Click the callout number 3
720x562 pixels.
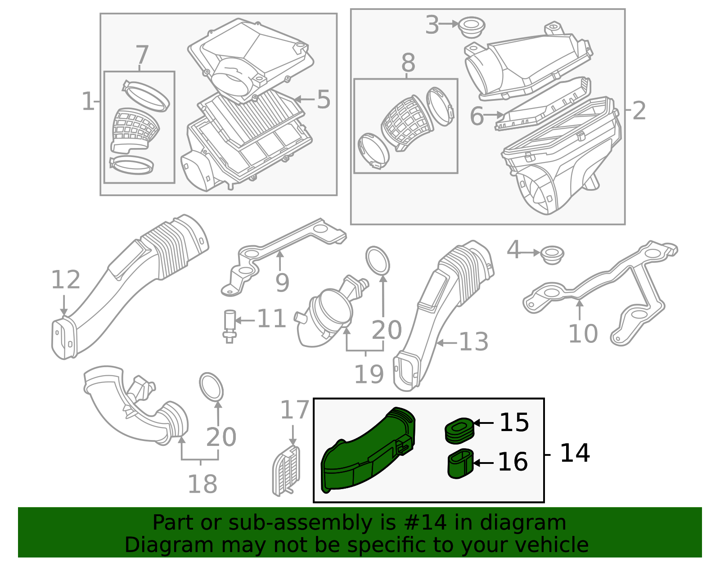click(x=432, y=24)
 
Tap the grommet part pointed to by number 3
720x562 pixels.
click(x=472, y=27)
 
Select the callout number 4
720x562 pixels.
click(x=514, y=250)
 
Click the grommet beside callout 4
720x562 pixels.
click(x=552, y=255)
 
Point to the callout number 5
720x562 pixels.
click(x=324, y=99)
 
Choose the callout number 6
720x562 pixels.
click(x=477, y=116)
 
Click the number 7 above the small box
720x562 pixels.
click(x=142, y=54)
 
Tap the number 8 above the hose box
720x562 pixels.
click(x=408, y=63)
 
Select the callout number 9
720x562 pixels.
click(x=282, y=283)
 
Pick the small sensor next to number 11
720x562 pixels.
click(x=229, y=326)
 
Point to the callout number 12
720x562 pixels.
click(x=66, y=279)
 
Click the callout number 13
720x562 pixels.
click(x=474, y=342)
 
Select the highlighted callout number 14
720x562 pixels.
click(x=575, y=453)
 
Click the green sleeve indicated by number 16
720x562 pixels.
click(x=460, y=463)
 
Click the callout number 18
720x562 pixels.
click(x=202, y=484)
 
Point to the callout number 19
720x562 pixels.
click(x=369, y=374)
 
